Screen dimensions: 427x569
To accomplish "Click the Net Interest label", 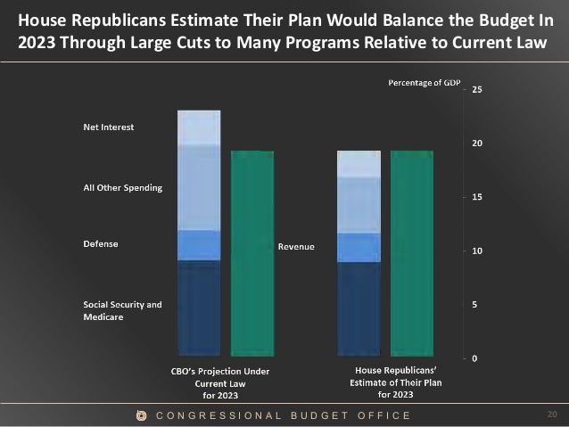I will click(x=103, y=127).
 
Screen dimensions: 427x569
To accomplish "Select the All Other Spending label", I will click(x=116, y=187).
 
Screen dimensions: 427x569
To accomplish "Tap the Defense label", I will click(x=95, y=243).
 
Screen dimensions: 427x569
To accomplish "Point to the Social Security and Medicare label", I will click(x=116, y=310).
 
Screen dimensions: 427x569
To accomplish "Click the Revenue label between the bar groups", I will click(x=296, y=246).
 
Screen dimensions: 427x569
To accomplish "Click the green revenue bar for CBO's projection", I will click(x=252, y=254).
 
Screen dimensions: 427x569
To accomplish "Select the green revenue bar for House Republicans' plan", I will click(x=413, y=254).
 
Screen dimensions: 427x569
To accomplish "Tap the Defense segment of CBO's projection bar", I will click(x=199, y=245).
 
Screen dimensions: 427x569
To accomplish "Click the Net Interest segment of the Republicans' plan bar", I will click(x=359, y=163).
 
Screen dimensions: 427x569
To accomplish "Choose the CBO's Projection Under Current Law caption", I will click(x=219, y=382).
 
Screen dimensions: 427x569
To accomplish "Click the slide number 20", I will click(x=551, y=415).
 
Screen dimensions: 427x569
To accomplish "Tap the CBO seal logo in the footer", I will click(x=141, y=415).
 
